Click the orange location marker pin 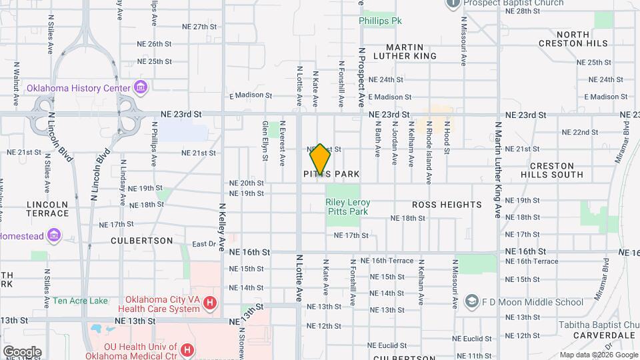point(320,159)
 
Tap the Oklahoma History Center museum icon point(140,87)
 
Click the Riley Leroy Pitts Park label point(348,207)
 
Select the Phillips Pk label point(380,21)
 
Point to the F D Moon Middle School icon point(472,302)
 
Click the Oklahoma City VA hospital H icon point(210,304)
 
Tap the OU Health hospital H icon point(187,349)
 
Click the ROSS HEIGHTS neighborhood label point(447,205)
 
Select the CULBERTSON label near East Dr point(141,240)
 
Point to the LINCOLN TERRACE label point(47,209)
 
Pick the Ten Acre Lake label point(81,301)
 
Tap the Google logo point(22,351)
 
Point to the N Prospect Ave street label point(362,77)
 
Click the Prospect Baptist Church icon point(453,3)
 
